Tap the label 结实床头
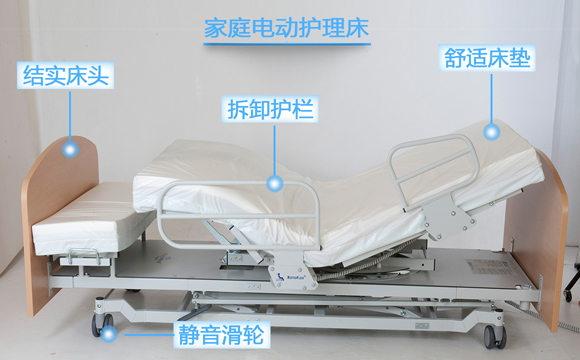click(x=64, y=75)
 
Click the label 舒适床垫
click(x=488, y=56)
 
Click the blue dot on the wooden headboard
click(x=70, y=149)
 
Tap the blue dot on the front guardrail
click(x=276, y=183)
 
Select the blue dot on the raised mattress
click(x=491, y=130)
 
